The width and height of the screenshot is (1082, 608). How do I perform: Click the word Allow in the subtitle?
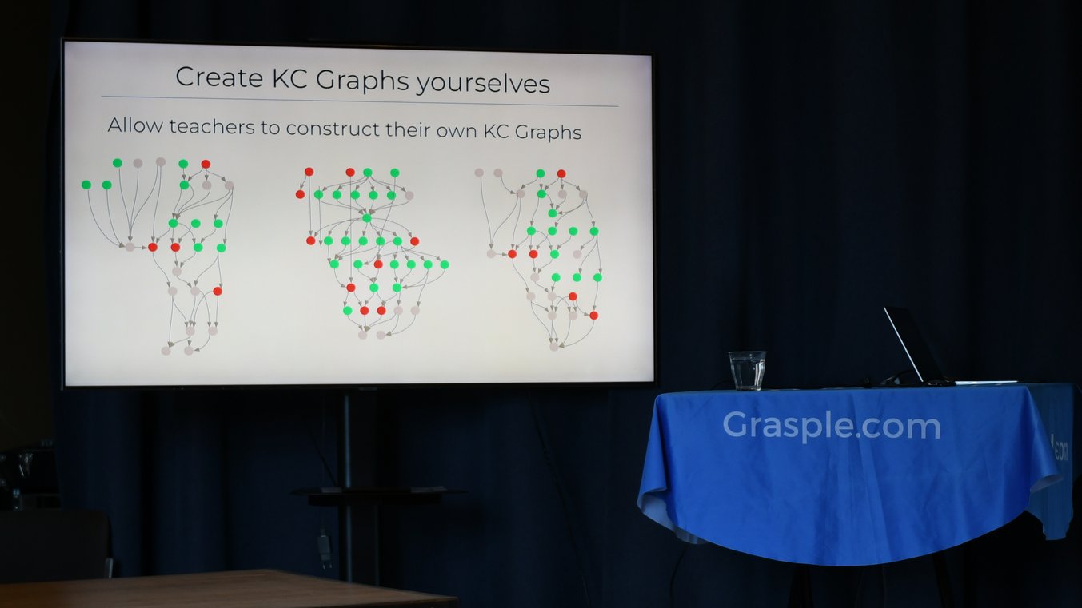pyautogui.click(x=134, y=125)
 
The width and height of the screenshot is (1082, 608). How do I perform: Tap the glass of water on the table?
pyautogui.click(x=746, y=370)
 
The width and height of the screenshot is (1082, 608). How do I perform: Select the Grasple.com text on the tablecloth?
pyautogui.click(x=831, y=426)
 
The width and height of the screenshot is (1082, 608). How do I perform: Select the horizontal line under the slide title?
pyautogui.click(x=360, y=101)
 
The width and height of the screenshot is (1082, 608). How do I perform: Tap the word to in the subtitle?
pyautogui.click(x=270, y=128)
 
